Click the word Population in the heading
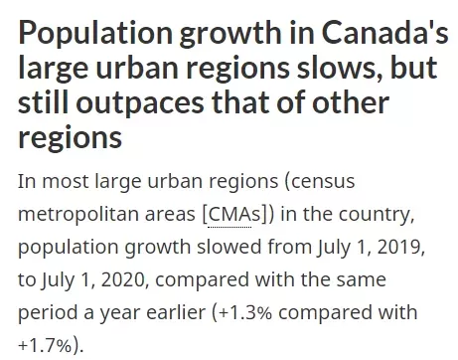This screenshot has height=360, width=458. (95, 34)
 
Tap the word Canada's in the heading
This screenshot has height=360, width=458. (385, 32)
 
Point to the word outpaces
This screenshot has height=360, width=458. (140, 102)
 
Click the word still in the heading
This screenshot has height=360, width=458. (43, 101)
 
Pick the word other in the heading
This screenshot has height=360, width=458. (351, 101)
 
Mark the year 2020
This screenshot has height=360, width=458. (123, 279)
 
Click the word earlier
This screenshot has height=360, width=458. (176, 312)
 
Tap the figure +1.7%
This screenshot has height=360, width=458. (45, 346)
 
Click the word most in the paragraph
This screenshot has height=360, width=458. (66, 181)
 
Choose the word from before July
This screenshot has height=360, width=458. (289, 247)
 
